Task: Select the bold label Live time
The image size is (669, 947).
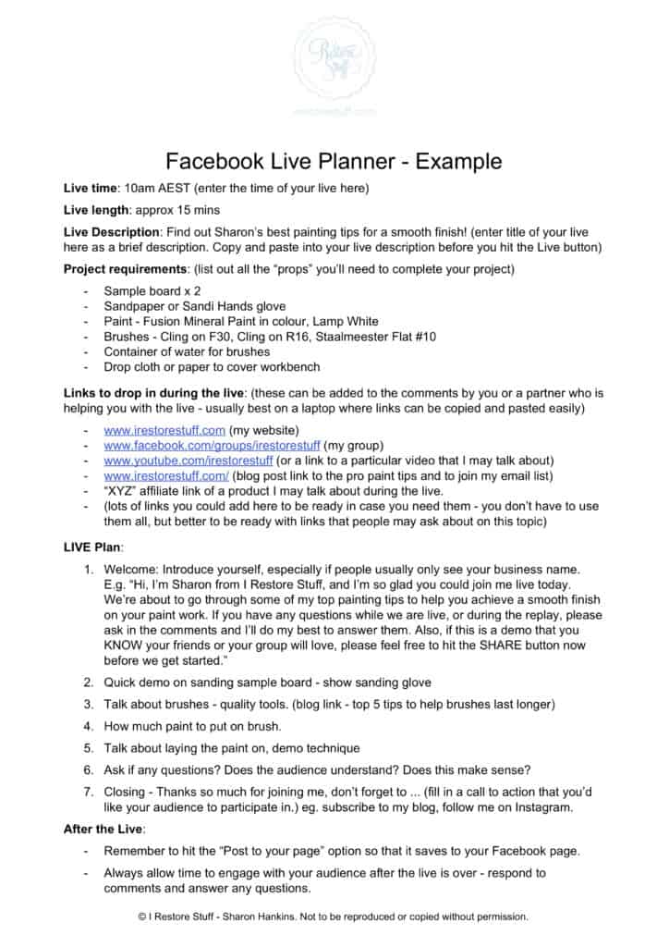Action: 91,188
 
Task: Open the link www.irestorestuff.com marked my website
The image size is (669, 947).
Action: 164,430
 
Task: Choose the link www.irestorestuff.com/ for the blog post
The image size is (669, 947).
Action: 166,474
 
